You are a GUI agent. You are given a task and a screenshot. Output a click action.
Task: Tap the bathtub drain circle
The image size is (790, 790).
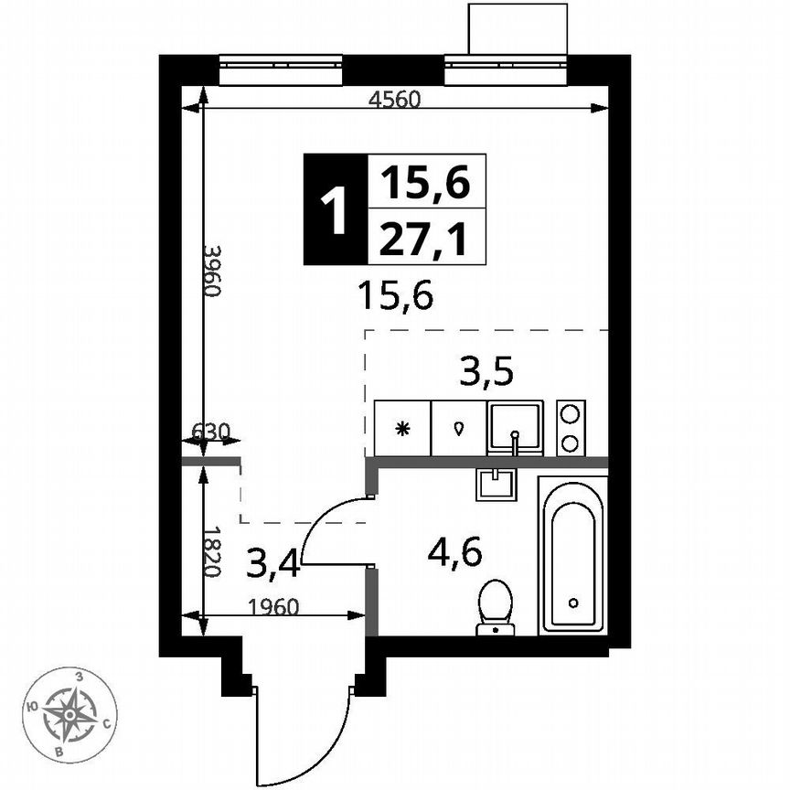click(x=573, y=603)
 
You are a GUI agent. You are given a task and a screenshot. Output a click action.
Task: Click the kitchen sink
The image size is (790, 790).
click(x=515, y=428)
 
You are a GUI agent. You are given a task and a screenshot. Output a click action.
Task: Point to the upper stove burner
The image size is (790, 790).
click(x=571, y=413)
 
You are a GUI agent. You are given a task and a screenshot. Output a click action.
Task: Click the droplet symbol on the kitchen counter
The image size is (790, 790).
click(x=459, y=428)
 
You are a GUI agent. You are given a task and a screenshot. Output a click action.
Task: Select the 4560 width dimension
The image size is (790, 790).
click(x=394, y=101)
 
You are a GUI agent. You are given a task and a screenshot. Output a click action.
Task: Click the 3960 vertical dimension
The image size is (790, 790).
click(x=211, y=271)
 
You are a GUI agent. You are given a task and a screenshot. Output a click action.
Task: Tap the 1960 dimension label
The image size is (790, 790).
click(x=273, y=604)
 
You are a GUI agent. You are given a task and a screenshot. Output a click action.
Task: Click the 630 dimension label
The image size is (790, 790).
click(x=209, y=431)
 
